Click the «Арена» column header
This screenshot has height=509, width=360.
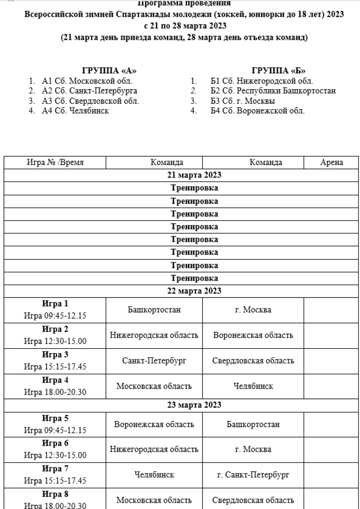[x=332, y=163]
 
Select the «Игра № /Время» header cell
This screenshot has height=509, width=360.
[x=55, y=163]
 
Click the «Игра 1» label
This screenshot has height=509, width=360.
[x=55, y=304]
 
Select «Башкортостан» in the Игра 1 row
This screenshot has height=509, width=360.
[x=154, y=310]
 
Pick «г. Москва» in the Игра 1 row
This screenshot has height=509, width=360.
[x=253, y=310]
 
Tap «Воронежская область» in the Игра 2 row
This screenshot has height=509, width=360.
[x=253, y=335]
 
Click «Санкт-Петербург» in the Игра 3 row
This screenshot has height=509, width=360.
[x=154, y=361]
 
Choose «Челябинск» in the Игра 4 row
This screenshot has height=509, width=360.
[x=253, y=386]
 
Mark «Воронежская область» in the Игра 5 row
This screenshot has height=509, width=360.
[x=154, y=425]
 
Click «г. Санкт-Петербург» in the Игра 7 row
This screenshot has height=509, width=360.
[x=253, y=475]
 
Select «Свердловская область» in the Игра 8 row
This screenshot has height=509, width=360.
[x=253, y=500]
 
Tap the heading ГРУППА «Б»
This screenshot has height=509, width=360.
[x=279, y=71]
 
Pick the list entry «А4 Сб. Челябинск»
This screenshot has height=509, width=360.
[x=75, y=111]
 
